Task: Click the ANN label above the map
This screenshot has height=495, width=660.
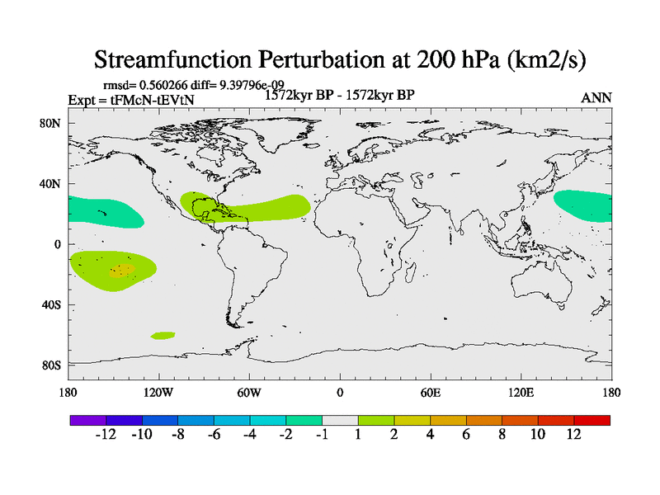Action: point(596,97)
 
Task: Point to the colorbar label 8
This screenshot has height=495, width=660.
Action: point(502,435)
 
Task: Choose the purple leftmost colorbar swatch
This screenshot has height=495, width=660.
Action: point(88,420)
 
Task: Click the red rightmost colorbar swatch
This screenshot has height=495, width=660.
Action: point(592,420)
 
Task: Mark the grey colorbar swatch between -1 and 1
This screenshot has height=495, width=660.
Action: point(340,420)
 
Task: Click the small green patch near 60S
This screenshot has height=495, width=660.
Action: point(163,335)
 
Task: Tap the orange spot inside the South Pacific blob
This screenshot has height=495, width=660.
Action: point(123,269)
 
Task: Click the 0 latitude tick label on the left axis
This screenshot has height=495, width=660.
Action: point(57,244)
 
